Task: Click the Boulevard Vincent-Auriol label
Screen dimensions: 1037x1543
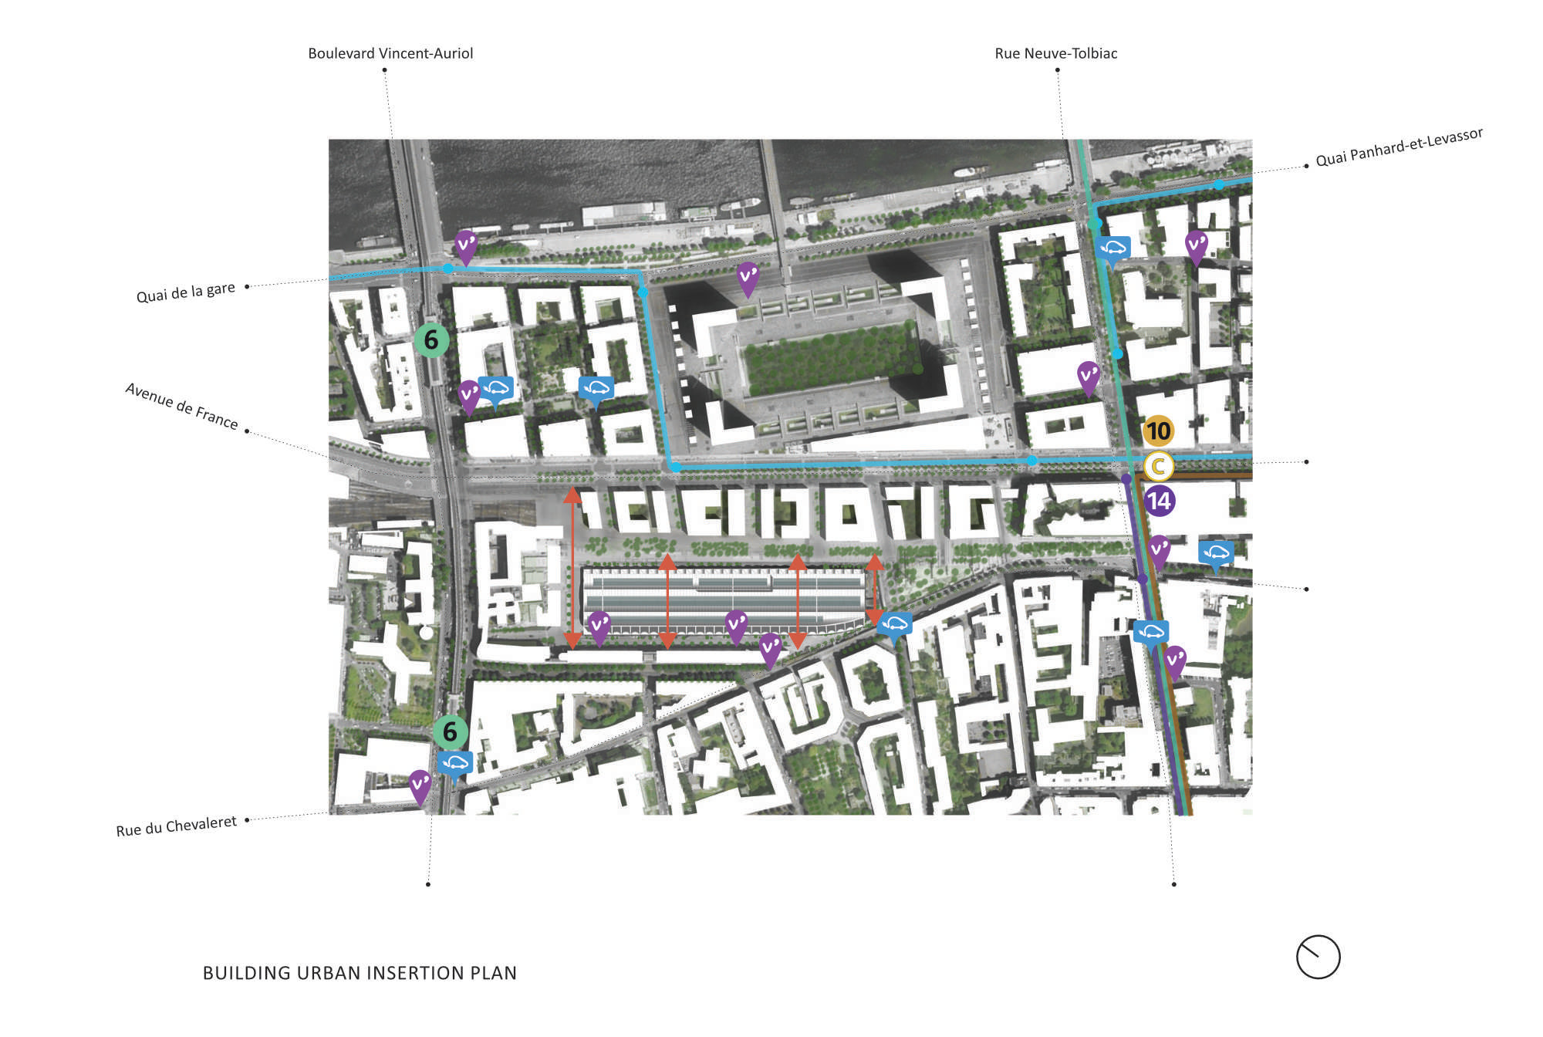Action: (x=390, y=53)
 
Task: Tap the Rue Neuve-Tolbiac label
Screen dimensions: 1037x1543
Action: (x=1055, y=53)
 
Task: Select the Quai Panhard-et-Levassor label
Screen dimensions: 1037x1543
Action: (x=1399, y=147)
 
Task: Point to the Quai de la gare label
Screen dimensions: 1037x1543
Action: (x=185, y=292)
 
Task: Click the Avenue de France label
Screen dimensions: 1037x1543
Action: (x=181, y=406)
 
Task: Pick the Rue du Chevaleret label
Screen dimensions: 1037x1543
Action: (x=176, y=826)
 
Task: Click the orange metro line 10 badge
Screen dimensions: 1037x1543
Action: (x=1158, y=431)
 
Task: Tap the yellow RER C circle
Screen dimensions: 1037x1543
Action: (x=1158, y=466)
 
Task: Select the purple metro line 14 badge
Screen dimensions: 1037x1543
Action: (x=1159, y=502)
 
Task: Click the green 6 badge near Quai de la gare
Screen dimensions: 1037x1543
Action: (x=431, y=339)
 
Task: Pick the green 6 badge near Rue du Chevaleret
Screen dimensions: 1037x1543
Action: (x=450, y=731)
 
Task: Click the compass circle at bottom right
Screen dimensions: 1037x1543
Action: (x=1318, y=957)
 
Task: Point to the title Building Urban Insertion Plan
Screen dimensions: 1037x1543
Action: (x=360, y=973)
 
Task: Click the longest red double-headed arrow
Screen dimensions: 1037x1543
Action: (x=572, y=567)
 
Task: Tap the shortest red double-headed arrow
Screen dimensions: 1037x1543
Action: (x=874, y=589)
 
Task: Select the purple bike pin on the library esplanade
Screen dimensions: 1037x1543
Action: (x=748, y=278)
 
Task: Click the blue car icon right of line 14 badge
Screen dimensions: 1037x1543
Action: (x=1216, y=552)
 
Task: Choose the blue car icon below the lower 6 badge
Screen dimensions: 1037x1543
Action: (x=455, y=764)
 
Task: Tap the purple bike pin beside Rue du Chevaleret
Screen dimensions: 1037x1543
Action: (x=420, y=785)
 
